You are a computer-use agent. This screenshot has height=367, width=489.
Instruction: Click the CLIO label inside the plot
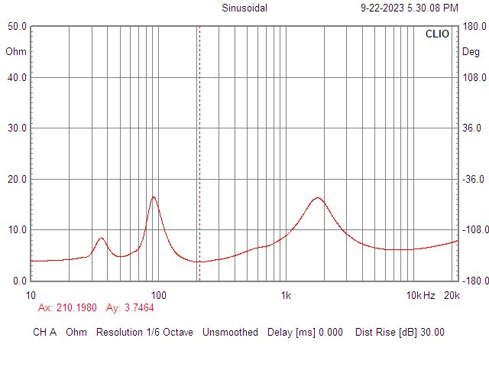coord(438,34)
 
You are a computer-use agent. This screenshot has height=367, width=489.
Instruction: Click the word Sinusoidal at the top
coord(244,8)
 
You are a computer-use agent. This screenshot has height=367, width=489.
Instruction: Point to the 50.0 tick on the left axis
coord(18,26)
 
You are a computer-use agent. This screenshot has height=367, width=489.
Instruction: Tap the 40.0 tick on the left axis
coord(18,77)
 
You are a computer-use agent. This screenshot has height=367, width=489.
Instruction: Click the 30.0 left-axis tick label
coord(18,128)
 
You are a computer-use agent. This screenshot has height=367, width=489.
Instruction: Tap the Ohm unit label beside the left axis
coord(15,52)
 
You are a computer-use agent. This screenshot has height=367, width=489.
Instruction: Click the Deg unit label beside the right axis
coord(471,52)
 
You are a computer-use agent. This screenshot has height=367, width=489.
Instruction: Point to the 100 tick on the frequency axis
coord(158,295)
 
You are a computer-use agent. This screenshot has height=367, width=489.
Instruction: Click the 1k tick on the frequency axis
coord(286,295)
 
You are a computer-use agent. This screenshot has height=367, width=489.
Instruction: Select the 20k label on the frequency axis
coord(451,295)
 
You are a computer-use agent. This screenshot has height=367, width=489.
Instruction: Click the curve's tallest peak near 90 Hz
coord(154,197)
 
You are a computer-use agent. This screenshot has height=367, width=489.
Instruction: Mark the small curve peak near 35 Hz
coord(101,239)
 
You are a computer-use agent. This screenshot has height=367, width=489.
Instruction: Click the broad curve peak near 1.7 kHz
coord(317,198)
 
